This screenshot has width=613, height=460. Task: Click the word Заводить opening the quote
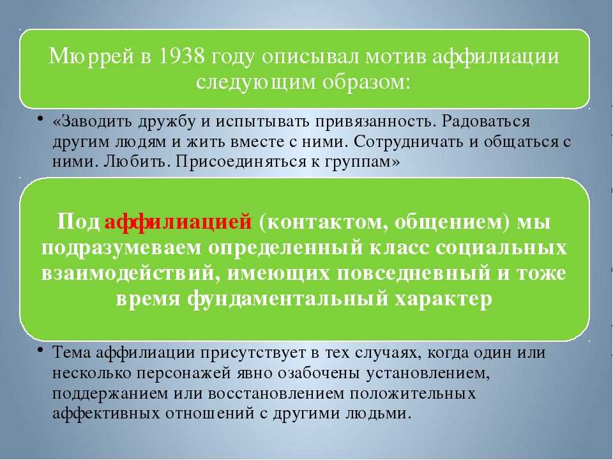[x=93, y=121]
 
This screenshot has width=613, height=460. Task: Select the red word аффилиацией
[x=178, y=222]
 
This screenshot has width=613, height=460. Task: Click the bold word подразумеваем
[x=121, y=248]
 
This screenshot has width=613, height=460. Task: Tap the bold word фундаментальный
[x=288, y=299]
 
